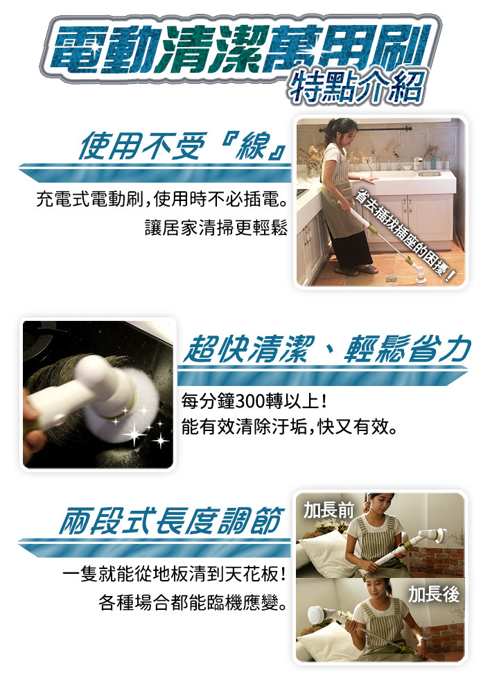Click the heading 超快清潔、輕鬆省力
pyautogui.click(x=327, y=349)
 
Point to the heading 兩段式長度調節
pyautogui.click(x=170, y=520)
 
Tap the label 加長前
pyautogui.click(x=329, y=511)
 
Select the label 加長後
pyautogui.click(x=434, y=595)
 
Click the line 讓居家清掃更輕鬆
pyautogui.click(x=216, y=227)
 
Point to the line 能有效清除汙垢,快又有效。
pyautogui.click(x=289, y=426)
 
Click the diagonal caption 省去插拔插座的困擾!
pyautogui.click(x=405, y=236)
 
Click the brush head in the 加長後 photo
pyautogui.click(x=318, y=614)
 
